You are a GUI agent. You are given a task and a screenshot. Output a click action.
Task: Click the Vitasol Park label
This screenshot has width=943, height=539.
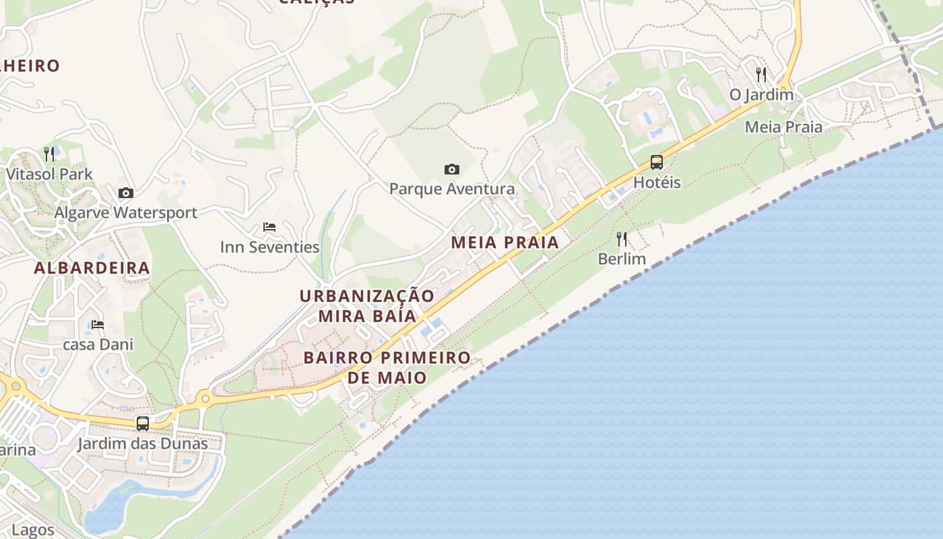49,174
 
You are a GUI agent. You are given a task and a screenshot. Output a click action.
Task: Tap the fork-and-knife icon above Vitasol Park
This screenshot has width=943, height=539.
49,154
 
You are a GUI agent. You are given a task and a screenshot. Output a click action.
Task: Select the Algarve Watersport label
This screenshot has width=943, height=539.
125,213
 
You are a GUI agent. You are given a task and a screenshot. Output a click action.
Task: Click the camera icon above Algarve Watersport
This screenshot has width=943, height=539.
126,193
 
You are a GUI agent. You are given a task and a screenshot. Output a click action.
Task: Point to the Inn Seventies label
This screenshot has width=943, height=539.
269,247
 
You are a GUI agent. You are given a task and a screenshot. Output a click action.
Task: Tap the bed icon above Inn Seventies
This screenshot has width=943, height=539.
269,227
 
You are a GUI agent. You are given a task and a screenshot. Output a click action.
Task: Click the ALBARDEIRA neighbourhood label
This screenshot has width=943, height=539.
92,267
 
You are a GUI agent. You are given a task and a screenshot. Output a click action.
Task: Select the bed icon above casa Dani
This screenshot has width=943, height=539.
98,325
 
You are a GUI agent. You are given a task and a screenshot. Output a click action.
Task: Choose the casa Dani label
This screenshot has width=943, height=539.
98,344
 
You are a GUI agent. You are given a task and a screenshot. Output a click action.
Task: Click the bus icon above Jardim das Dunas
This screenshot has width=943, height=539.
143,424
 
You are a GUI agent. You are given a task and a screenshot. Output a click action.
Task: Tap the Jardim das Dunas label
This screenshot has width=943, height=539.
142,443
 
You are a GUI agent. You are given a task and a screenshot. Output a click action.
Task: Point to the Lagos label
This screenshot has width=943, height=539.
32,530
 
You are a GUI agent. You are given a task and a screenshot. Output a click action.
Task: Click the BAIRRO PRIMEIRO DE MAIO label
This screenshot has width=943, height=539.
387,367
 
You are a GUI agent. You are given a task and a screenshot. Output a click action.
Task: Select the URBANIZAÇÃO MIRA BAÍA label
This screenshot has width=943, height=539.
367,306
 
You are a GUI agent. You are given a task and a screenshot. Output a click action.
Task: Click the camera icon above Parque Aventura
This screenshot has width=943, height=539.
452,169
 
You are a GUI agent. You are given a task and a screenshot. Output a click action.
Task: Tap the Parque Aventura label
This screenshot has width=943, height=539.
452,189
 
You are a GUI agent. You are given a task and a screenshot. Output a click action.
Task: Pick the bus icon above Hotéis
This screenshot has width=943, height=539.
657,162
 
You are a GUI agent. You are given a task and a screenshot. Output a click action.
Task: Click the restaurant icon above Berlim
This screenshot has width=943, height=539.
622,239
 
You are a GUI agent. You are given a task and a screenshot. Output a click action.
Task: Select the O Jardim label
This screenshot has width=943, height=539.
762,94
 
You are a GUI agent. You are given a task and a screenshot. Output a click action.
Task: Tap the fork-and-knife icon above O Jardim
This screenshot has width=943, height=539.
762,74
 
